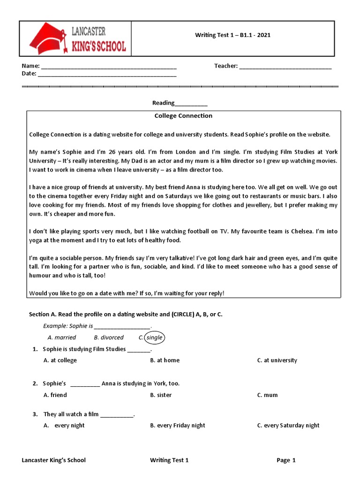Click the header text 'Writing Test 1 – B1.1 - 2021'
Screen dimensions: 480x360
click(x=232, y=35)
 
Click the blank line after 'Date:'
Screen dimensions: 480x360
click(x=107, y=75)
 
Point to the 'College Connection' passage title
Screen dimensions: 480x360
click(x=183, y=116)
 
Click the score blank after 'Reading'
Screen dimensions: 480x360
click(x=191, y=104)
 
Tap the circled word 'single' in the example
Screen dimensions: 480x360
click(x=154, y=337)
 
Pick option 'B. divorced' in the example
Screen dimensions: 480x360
click(x=109, y=337)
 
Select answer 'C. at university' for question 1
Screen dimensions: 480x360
click(x=277, y=360)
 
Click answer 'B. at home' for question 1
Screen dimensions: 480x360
click(x=165, y=360)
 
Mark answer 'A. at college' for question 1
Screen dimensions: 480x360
click(x=60, y=360)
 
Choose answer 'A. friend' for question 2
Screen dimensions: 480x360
click(x=55, y=395)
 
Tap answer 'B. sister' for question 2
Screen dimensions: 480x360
click(x=161, y=395)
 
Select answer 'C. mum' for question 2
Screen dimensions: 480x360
click(x=267, y=395)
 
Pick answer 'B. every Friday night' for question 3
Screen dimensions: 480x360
click(x=178, y=426)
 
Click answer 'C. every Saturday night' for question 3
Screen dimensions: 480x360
click(x=288, y=426)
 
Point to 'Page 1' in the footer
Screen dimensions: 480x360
click(x=286, y=460)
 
